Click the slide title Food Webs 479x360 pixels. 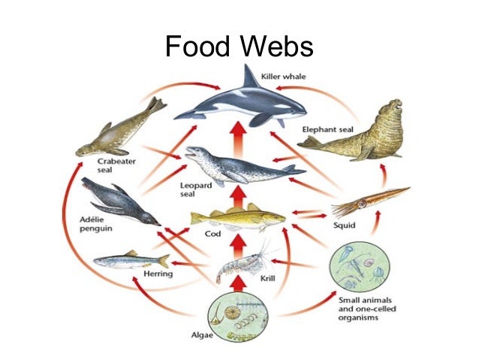pyautogui.click(x=239, y=47)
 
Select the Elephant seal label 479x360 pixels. pyautogui.click(x=327, y=129)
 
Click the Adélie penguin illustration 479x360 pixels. pyautogui.click(x=120, y=201)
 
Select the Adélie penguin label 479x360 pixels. pyautogui.click(x=87, y=223)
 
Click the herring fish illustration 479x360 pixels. pyautogui.click(x=131, y=260)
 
